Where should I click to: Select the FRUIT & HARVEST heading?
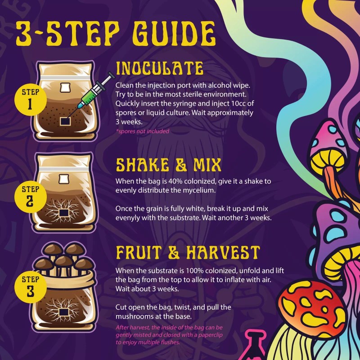(188, 253)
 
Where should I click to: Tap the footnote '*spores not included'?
(142, 131)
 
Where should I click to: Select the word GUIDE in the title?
(165, 32)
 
